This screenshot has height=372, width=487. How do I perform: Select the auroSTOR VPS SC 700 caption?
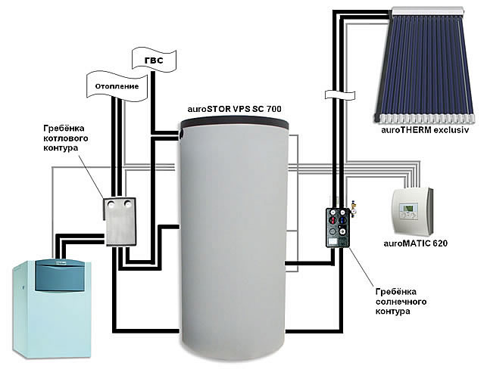pyautogui.click(x=234, y=110)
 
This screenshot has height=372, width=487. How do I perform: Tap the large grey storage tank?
pyautogui.click(x=235, y=242)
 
